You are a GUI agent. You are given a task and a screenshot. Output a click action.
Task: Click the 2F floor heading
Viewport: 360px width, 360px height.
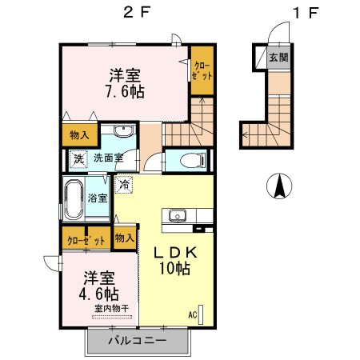(x=133, y=14)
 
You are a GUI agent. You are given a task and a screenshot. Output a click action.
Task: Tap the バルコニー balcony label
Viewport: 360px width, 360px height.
(x=137, y=341)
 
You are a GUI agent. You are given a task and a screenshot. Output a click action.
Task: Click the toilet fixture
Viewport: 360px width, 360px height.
(x=187, y=159)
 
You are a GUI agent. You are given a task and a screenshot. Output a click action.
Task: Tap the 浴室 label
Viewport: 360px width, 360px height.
(x=98, y=198)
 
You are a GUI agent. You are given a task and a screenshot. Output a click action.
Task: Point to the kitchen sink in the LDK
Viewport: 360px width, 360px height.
(x=176, y=215)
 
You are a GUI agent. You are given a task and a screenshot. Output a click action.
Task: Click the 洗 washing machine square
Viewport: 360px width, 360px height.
(x=78, y=158)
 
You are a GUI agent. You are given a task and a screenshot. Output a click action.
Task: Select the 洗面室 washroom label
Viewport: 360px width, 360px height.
(x=107, y=158)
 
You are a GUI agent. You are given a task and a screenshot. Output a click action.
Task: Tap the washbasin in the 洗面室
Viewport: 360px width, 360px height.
(x=123, y=132)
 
